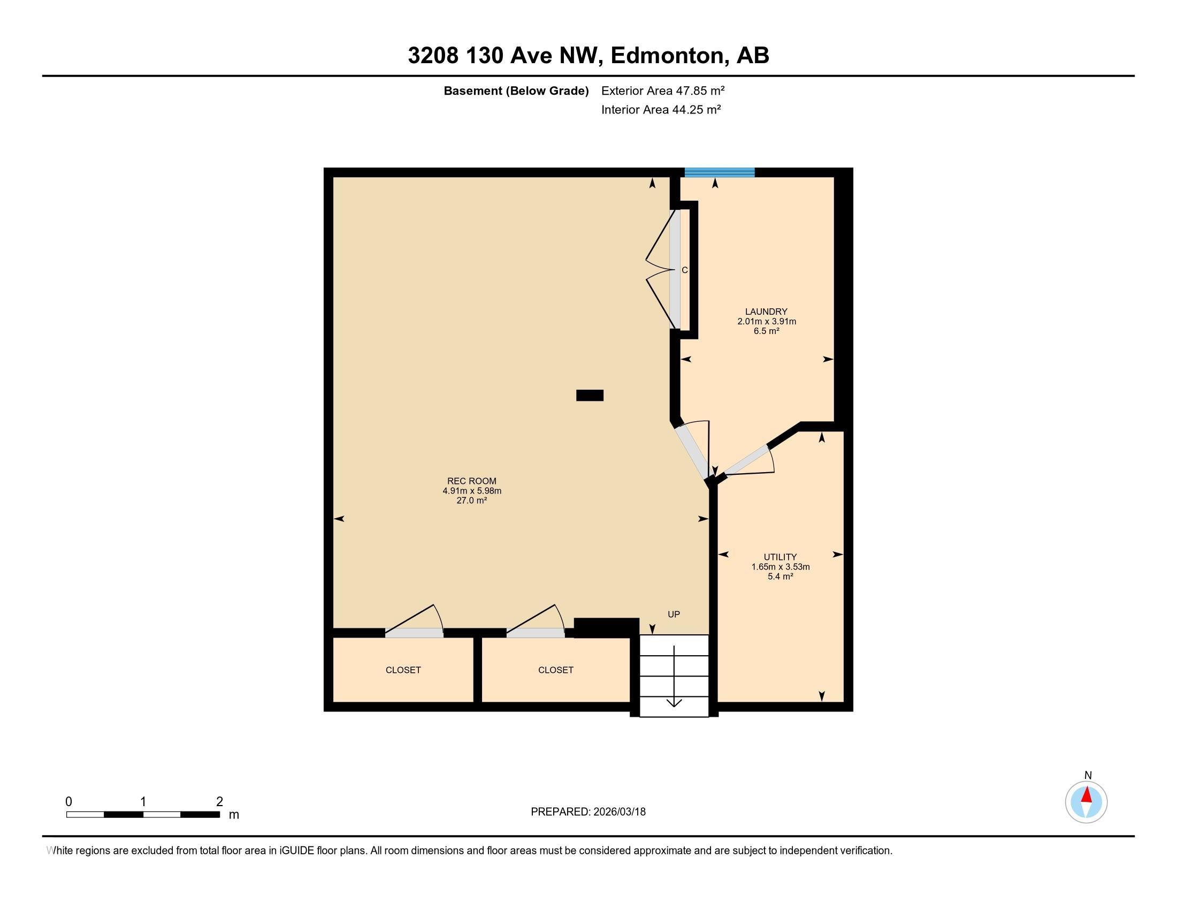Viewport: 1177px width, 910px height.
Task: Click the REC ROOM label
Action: (471, 481)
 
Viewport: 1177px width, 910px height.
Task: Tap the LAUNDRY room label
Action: (766, 312)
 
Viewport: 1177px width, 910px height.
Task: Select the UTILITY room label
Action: (780, 557)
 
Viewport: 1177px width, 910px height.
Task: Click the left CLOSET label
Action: (403, 670)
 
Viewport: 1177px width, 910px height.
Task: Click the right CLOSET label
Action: (556, 670)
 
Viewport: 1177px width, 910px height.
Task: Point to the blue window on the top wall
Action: (720, 172)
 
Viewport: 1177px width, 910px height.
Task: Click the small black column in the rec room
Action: (590, 395)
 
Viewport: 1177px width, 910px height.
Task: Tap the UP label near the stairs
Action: (674, 614)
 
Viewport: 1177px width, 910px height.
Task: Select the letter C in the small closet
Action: (684, 270)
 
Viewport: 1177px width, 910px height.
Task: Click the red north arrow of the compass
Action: (1087, 795)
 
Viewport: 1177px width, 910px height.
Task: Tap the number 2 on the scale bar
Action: (219, 802)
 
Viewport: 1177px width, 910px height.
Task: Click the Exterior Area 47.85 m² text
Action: (662, 90)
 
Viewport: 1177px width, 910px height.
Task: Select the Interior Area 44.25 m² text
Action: (661, 109)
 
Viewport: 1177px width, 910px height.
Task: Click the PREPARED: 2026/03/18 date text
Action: (588, 812)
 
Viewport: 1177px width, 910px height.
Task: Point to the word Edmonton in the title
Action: (667, 55)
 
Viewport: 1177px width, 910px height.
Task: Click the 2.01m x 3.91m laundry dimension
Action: (766, 321)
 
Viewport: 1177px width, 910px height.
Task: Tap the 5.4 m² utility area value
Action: (780, 577)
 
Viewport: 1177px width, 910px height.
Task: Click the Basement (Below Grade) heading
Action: (516, 90)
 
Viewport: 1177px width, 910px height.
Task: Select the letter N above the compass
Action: (1088, 775)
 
